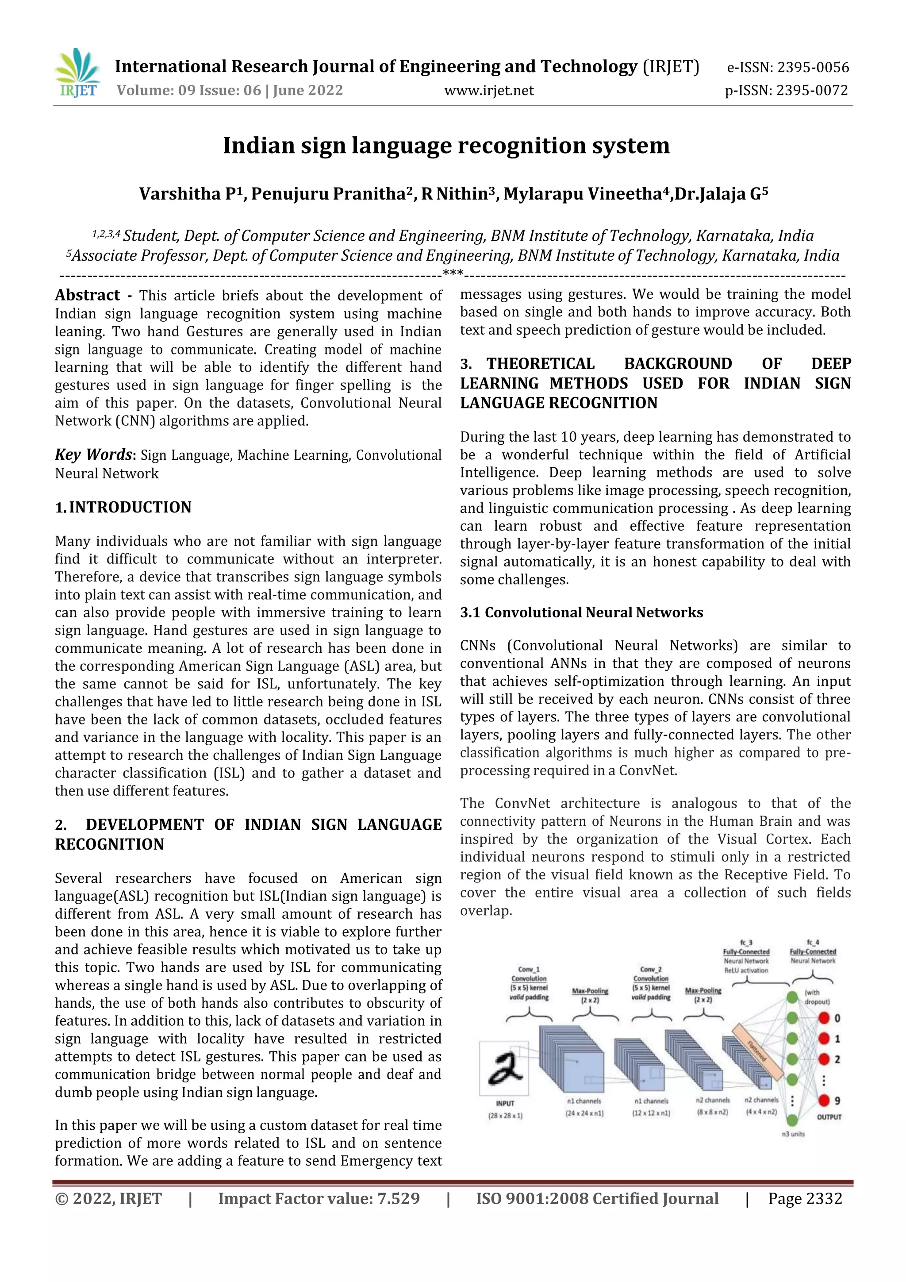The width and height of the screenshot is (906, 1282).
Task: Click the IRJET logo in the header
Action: pyautogui.click(x=77, y=73)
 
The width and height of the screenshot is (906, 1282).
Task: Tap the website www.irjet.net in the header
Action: pyautogui.click(x=488, y=90)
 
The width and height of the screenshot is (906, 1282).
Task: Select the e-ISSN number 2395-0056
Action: pyautogui.click(x=813, y=68)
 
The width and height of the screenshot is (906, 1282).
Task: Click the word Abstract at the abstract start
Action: pyautogui.click(x=87, y=295)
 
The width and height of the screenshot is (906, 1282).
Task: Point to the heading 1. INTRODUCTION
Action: pyautogui.click(x=123, y=507)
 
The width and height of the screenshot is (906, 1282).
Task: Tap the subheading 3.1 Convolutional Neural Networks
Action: pyautogui.click(x=581, y=612)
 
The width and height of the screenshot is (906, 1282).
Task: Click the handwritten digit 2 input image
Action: pyautogui.click(x=504, y=1068)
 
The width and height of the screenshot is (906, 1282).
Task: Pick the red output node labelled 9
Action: pyautogui.click(x=824, y=1100)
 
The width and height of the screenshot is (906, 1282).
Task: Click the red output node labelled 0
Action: pyautogui.click(x=824, y=1018)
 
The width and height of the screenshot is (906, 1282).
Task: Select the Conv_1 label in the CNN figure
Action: pyautogui.click(x=529, y=969)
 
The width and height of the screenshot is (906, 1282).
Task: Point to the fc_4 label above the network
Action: pyautogui.click(x=813, y=942)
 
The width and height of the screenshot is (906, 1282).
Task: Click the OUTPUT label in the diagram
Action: pyautogui.click(x=829, y=1117)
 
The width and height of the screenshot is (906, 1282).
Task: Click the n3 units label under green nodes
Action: pyautogui.click(x=793, y=1134)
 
